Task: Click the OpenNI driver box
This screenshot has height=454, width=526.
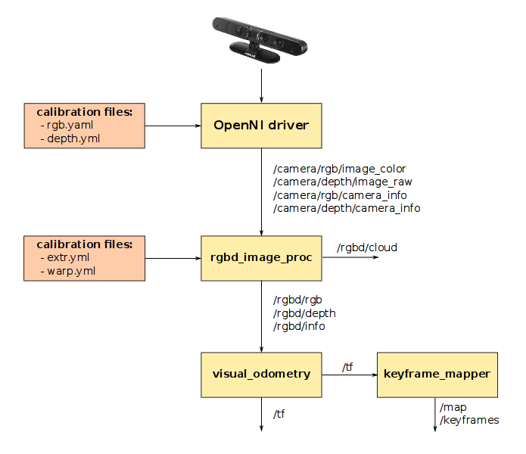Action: pos(261,126)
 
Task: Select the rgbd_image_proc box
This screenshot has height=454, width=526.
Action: pos(261,258)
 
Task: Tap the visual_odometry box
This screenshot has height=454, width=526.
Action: pos(261,374)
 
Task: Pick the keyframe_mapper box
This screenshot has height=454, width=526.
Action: pos(437,374)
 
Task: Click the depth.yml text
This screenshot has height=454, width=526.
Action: pos(73,138)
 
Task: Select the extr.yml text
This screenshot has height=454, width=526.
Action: pos(68,258)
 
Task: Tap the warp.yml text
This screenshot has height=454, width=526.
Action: pos(71,271)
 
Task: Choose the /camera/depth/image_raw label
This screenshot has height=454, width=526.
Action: pos(342,182)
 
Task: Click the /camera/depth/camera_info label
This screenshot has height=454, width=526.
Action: pos(347,207)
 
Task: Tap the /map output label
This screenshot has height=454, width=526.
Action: pos(453,408)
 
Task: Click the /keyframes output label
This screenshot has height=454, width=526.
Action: pos(469,420)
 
